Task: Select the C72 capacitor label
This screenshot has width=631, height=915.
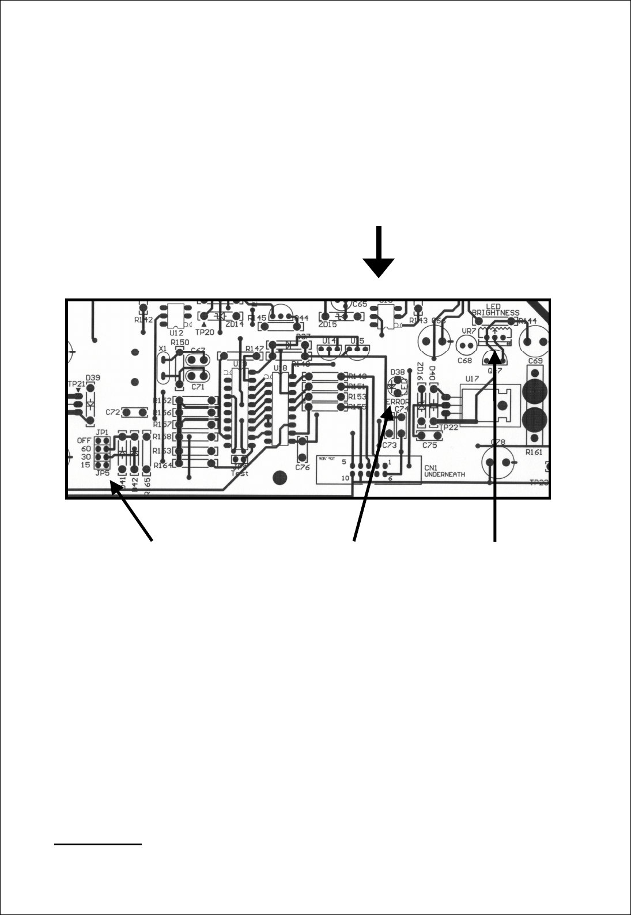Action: coord(113,413)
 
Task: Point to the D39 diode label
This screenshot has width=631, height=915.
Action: coord(93,378)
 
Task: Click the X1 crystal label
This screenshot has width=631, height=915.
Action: coord(163,349)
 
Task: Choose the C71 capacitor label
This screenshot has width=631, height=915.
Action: coord(198,387)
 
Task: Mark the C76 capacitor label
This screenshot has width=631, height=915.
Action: coord(303,467)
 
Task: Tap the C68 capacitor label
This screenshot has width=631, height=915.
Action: coord(464,361)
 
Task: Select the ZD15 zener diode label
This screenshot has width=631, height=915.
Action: coord(327,324)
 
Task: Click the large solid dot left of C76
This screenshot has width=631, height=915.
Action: coord(280,477)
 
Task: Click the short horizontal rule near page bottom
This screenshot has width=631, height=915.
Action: coord(98,845)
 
